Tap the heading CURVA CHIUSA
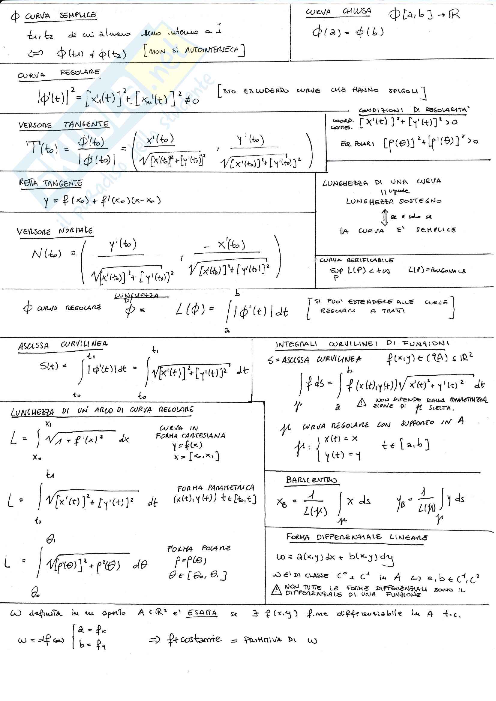(338, 12)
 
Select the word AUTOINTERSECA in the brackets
(211, 50)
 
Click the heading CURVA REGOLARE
(59, 73)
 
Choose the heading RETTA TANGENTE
(51, 183)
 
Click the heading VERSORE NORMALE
(55, 231)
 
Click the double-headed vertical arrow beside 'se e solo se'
(384, 217)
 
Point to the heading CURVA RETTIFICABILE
(357, 260)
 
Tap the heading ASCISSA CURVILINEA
(63, 345)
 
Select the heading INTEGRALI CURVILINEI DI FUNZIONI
(362, 344)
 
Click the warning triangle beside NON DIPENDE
(362, 403)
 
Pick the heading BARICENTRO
(311, 480)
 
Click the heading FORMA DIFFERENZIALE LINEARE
(357, 537)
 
